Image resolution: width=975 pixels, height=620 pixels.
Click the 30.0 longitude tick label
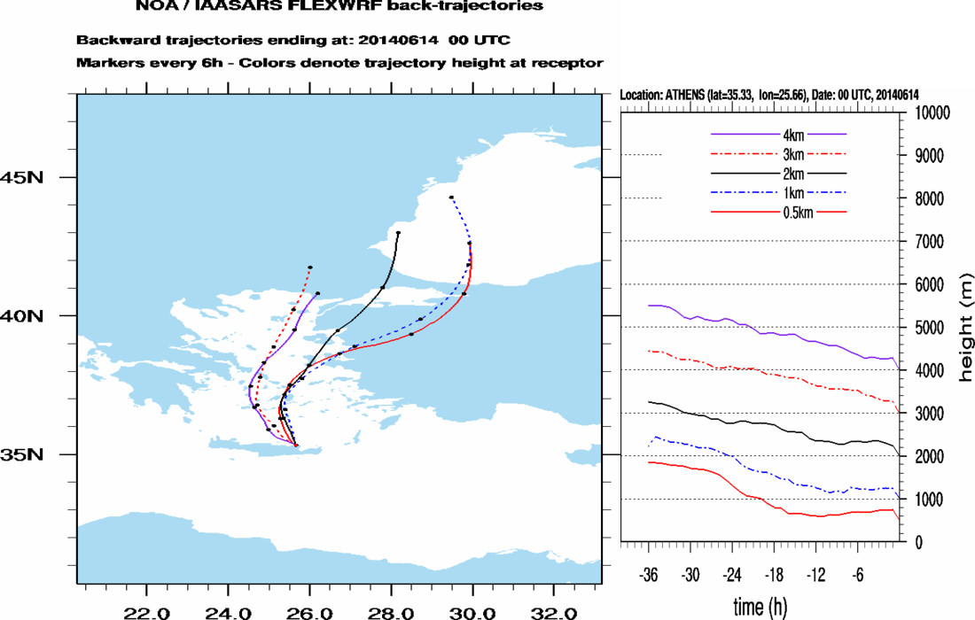click(472, 612)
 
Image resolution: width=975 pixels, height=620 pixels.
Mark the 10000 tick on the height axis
click(932, 113)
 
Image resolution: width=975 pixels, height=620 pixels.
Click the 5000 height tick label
click(929, 328)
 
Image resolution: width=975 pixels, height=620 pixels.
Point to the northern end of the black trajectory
click(398, 233)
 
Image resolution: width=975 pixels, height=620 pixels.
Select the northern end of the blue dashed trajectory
click(451, 198)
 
